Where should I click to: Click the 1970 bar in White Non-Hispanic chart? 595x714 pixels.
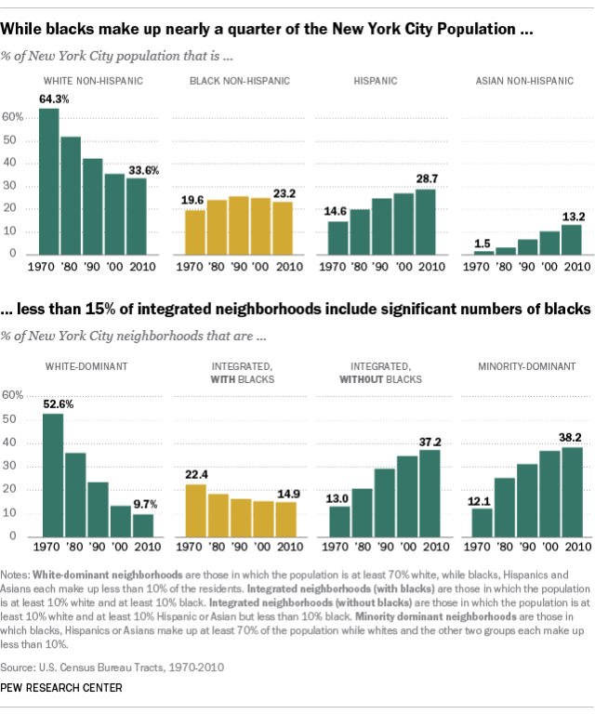(x=49, y=181)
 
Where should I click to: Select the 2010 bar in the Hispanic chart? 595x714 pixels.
(x=427, y=221)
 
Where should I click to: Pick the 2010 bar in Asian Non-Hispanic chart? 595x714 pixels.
(x=571, y=239)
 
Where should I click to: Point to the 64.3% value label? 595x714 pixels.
(x=51, y=99)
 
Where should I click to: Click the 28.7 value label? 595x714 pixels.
(x=427, y=178)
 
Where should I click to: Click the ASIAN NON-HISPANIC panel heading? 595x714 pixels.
(x=523, y=81)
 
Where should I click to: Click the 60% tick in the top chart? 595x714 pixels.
(x=13, y=118)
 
